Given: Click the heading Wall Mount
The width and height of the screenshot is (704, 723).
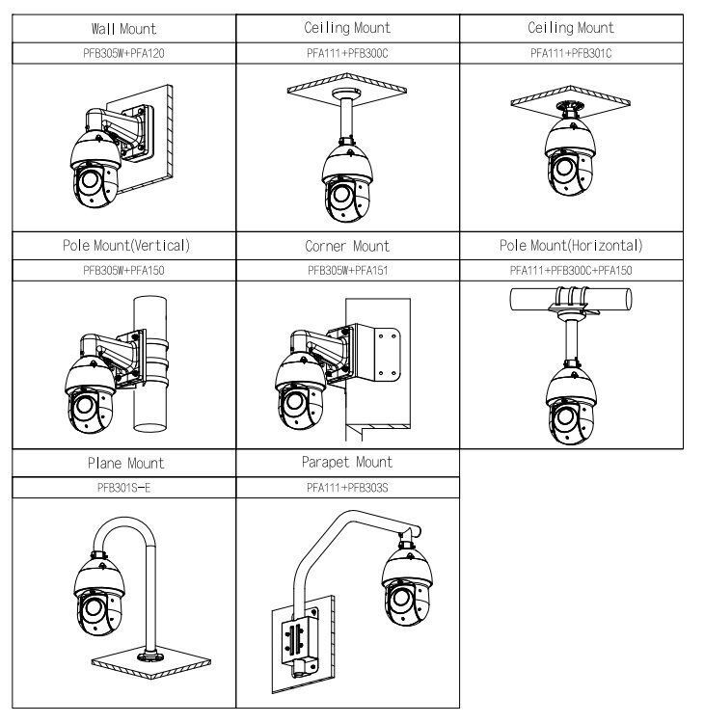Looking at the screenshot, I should pos(123,28).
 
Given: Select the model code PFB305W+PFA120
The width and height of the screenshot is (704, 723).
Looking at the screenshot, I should pos(123,53).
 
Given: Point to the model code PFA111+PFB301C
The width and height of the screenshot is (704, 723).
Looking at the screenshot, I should pos(571,53).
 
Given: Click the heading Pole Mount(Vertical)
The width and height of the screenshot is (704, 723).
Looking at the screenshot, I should pos(124,246).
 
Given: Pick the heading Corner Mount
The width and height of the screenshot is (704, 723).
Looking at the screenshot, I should pos(347,246).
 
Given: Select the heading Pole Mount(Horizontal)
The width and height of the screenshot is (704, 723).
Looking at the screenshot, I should pos(571,246).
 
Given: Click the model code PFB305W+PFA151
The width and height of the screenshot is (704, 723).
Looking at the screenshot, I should pos(347,271).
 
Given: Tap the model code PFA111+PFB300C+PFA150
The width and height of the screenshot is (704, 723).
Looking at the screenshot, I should pos(571,271).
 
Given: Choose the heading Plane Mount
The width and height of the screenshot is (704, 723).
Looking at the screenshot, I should pos(124,464).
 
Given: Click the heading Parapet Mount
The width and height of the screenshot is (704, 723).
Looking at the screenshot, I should pos(347,463).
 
